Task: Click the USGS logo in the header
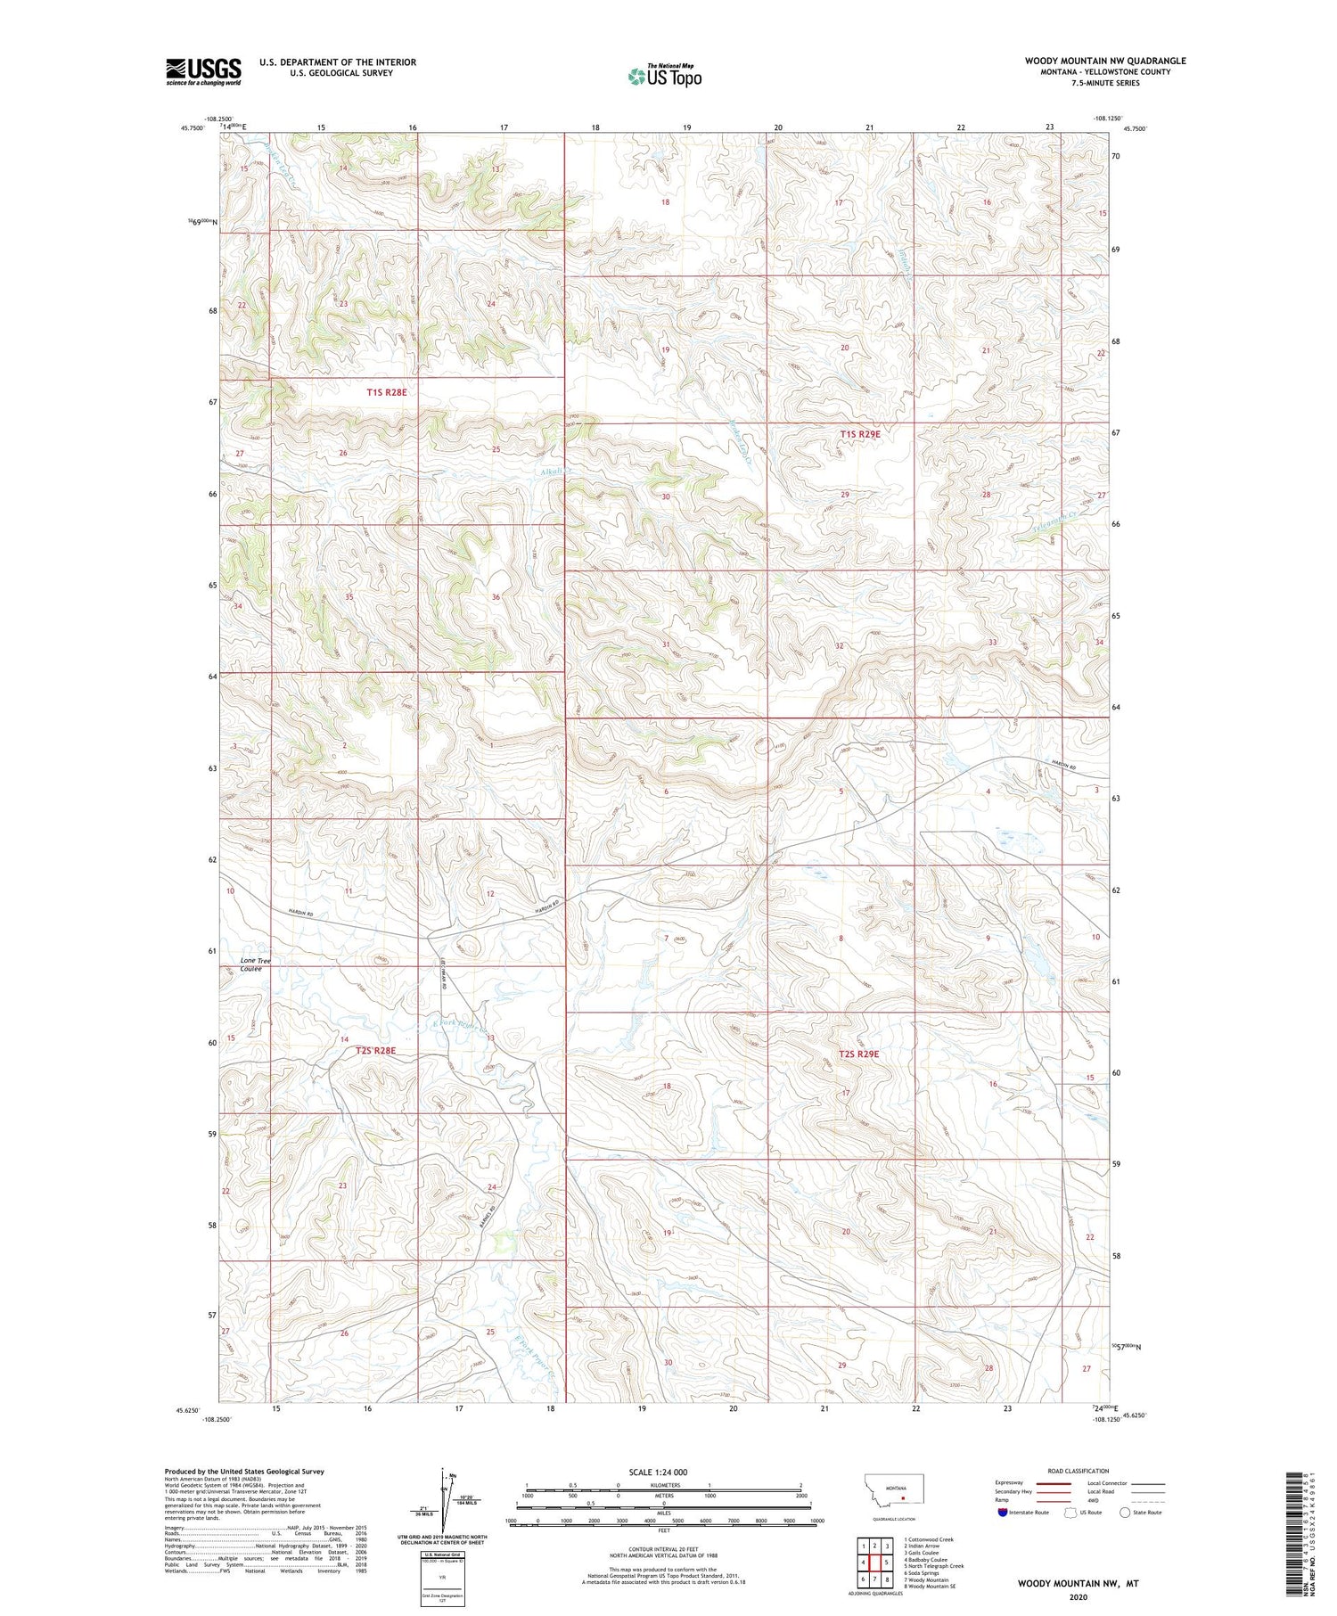pos(203,71)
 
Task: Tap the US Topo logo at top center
pos(664,76)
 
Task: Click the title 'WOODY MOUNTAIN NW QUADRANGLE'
pos(1104,61)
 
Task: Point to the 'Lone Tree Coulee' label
pos(255,964)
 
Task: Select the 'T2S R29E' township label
pos(858,1054)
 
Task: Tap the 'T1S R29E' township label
pos(859,434)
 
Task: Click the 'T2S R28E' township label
pos(375,1051)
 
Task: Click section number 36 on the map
pos(496,597)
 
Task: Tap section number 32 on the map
pos(839,645)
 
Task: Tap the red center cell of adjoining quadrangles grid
pos(874,1562)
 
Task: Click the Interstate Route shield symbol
pos(1003,1513)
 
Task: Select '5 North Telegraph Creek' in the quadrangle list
pos(933,1566)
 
